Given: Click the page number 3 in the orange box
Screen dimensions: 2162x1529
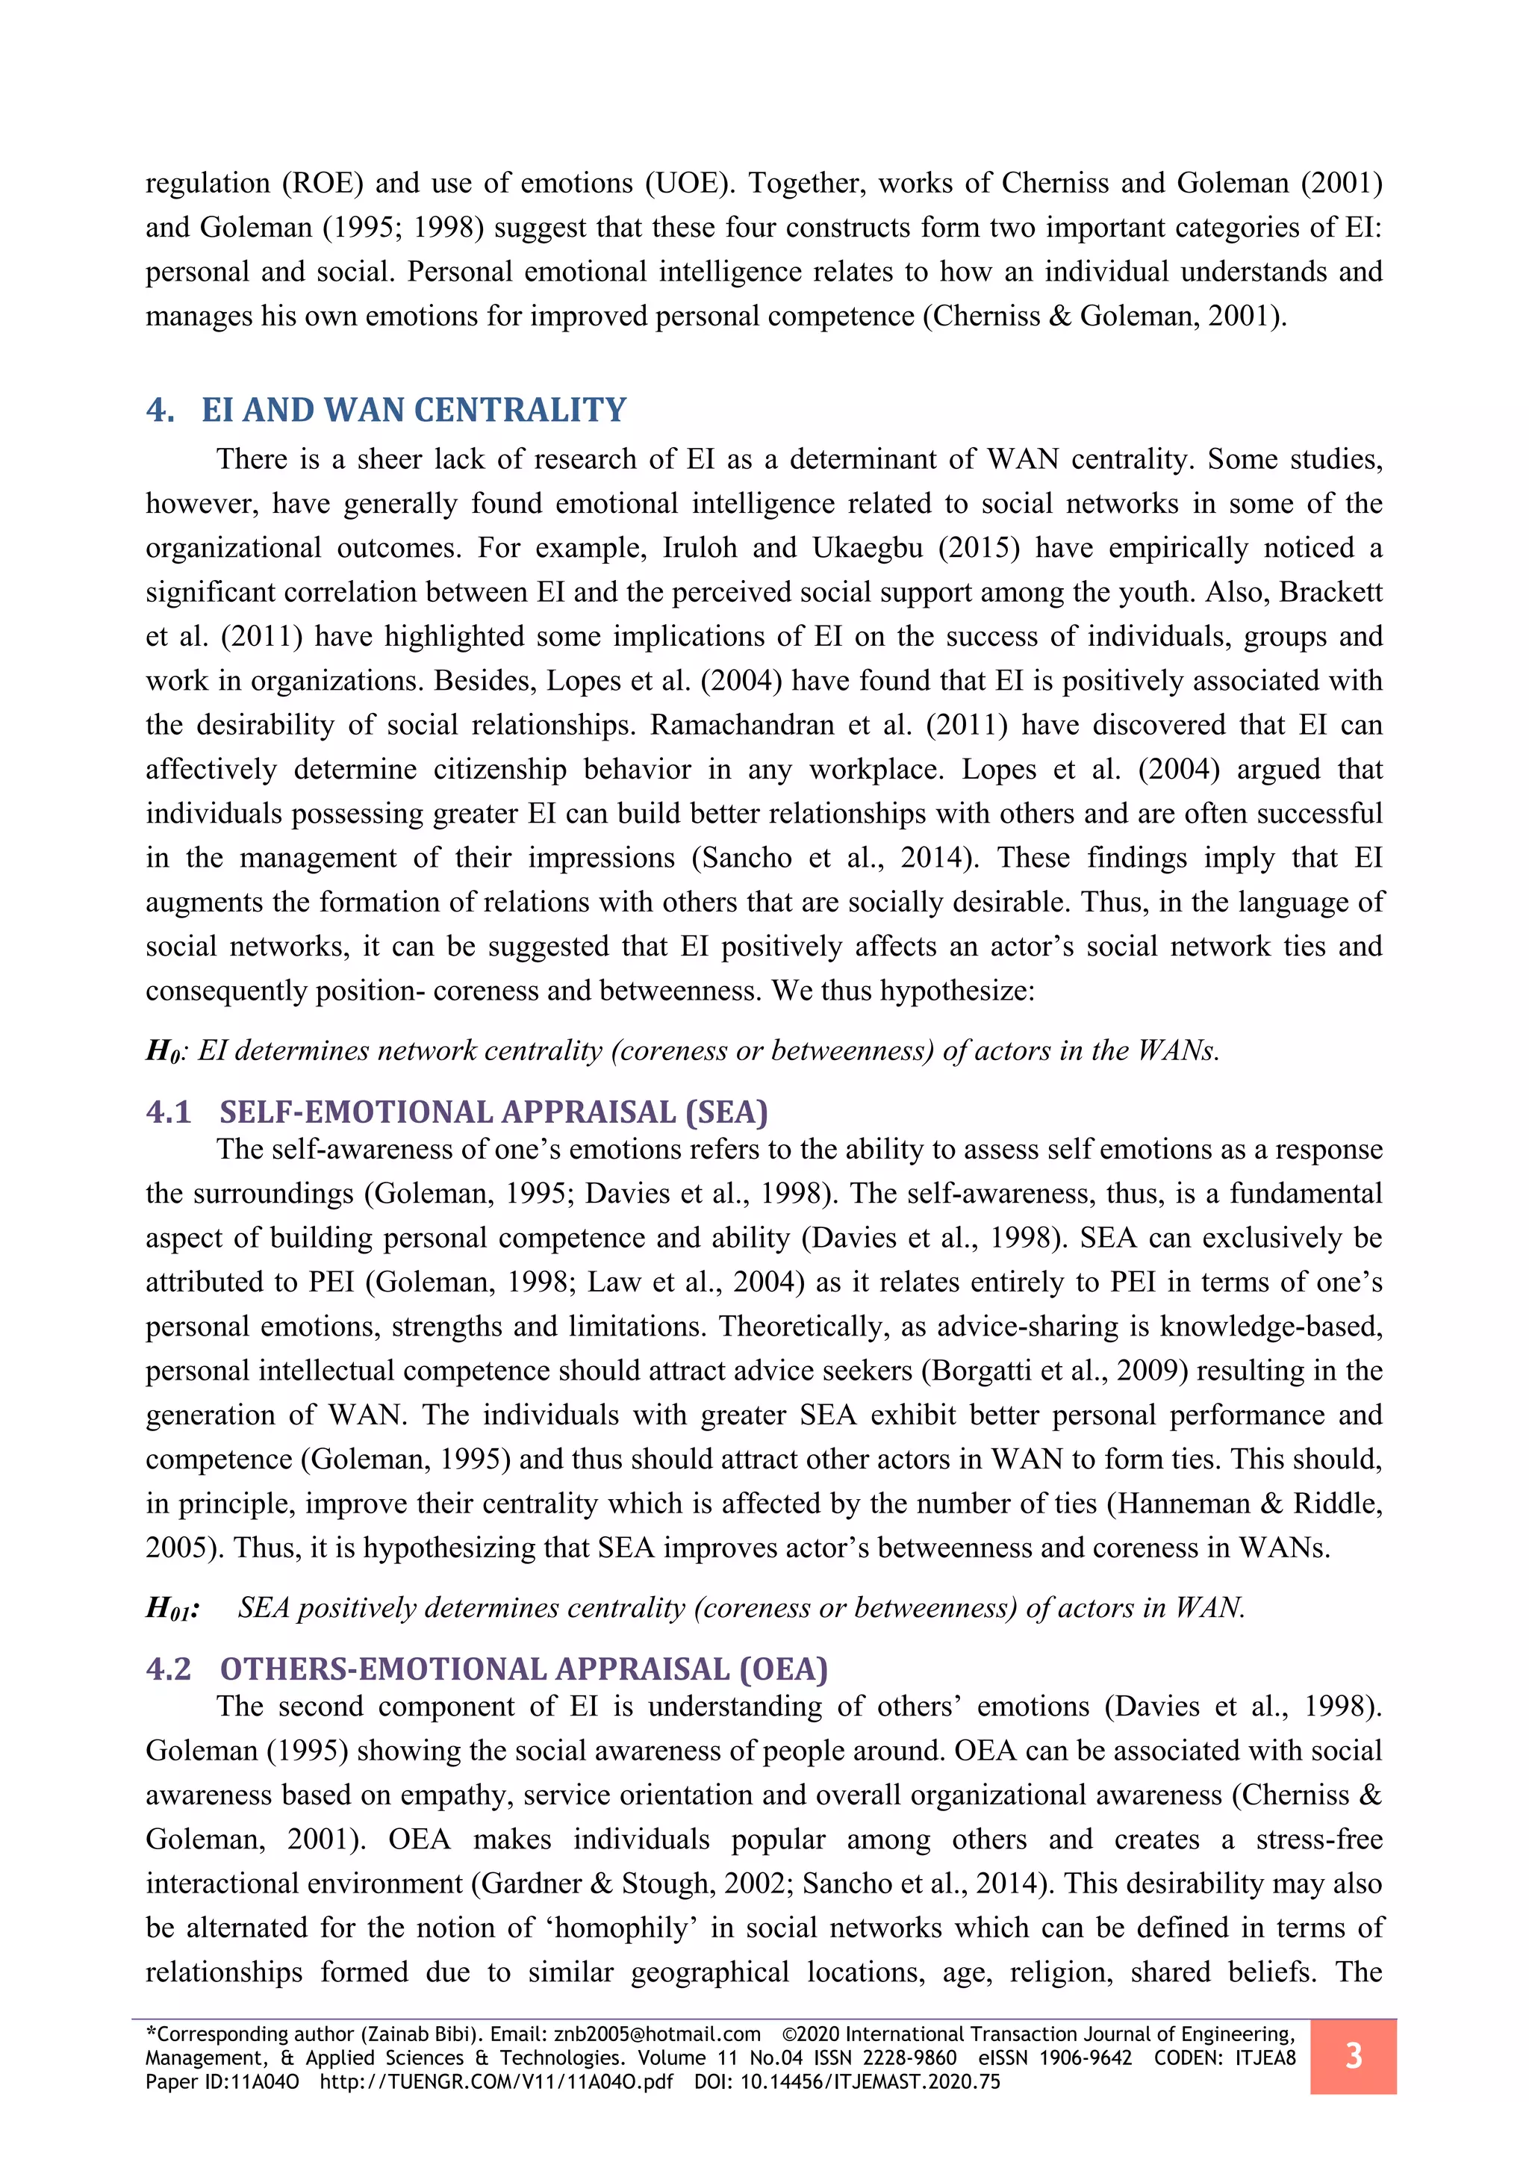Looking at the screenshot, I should tap(1353, 2055).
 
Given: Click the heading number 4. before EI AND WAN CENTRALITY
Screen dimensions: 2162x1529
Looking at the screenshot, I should tap(160, 411).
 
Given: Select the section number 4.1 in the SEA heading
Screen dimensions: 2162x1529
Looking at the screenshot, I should tap(169, 1112).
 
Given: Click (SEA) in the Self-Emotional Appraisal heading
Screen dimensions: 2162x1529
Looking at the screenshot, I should tap(726, 1112).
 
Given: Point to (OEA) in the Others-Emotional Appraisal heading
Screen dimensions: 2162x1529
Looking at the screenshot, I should tap(783, 1669).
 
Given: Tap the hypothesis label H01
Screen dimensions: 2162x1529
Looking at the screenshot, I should tap(172, 1608).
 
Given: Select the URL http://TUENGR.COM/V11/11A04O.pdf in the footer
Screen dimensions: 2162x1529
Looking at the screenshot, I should tap(496, 2082).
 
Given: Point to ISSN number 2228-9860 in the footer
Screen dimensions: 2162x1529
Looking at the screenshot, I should tap(906, 2058).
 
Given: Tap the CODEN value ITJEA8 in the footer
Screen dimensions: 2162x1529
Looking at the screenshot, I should tap(1265, 2058).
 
